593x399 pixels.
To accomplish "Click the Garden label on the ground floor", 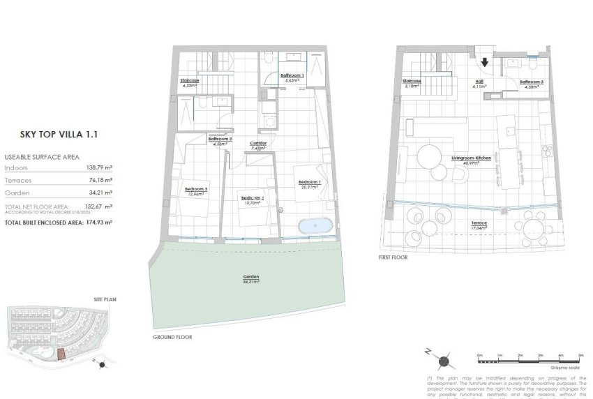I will click(250, 277).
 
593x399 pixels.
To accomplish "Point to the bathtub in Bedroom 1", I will click(314, 227).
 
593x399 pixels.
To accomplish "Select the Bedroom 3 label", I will click(195, 189).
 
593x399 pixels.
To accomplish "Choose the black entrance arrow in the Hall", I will click(485, 61).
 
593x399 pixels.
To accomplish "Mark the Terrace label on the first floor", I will click(479, 223).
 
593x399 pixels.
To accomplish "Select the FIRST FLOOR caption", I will click(393, 257).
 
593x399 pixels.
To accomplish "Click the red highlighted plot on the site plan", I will click(62, 355).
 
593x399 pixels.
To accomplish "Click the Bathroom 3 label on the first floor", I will click(532, 82).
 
